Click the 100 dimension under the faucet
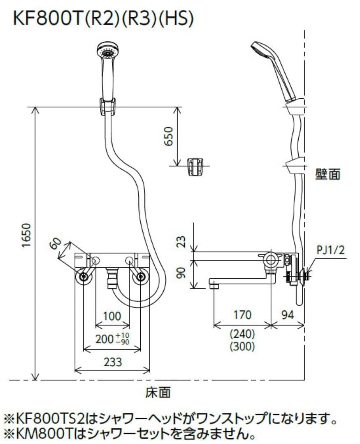tap(112, 317)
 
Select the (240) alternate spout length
tap(242, 333)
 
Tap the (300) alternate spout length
tap(242, 347)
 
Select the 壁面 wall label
tap(328, 175)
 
